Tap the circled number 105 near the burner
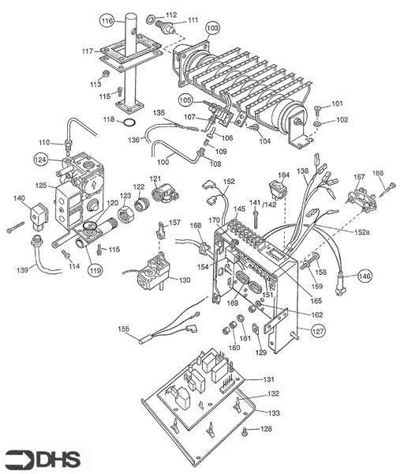point(185,100)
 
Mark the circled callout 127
point(318,331)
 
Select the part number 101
point(337,103)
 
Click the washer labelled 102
point(316,122)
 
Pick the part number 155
point(123,328)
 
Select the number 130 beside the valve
point(185,280)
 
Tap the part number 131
point(268,380)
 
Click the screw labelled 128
point(245,431)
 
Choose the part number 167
point(359,177)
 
